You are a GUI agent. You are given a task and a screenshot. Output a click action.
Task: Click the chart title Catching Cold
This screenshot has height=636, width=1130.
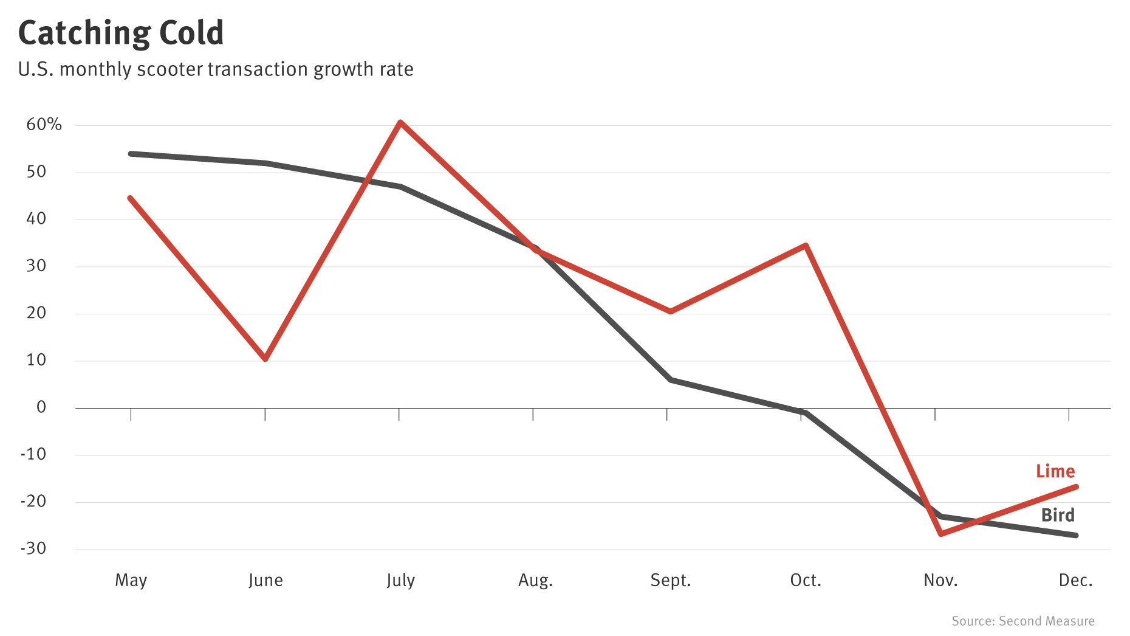(121, 33)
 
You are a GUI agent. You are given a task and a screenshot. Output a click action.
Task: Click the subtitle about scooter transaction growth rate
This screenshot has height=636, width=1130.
(216, 69)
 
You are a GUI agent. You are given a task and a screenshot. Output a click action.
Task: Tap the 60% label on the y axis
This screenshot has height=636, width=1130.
(44, 125)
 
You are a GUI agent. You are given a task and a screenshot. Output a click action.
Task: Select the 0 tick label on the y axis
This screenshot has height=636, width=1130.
(41, 407)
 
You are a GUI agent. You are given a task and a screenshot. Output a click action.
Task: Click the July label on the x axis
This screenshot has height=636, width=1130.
(400, 581)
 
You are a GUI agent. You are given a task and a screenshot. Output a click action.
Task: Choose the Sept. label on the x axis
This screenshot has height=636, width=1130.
(670, 581)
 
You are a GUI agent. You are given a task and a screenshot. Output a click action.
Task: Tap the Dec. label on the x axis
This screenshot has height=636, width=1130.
(1075, 581)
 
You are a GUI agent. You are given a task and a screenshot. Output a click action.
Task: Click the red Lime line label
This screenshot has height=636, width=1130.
(1055, 471)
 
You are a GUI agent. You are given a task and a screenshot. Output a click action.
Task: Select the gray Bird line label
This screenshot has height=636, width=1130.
(1058, 515)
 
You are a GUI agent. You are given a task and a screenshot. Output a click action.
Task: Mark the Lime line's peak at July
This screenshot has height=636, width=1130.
(400, 122)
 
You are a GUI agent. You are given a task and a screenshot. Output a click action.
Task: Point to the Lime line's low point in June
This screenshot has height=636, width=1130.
(265, 359)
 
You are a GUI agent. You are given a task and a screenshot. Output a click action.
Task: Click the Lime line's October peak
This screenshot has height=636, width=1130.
(806, 246)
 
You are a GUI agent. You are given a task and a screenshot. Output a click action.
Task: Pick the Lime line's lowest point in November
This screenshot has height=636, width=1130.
(940, 534)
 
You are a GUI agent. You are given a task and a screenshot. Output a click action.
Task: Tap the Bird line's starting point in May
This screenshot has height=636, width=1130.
(131, 154)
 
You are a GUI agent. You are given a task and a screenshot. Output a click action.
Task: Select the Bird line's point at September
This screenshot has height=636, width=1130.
(670, 379)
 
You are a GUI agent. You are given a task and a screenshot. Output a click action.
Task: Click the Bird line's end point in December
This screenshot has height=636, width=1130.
(1076, 535)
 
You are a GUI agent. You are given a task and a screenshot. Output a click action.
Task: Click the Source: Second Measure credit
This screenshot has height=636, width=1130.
(1022, 621)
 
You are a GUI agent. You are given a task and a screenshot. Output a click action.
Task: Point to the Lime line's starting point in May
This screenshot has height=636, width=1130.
(131, 198)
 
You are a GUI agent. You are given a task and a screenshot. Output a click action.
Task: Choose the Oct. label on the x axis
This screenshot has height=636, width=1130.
(806, 581)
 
